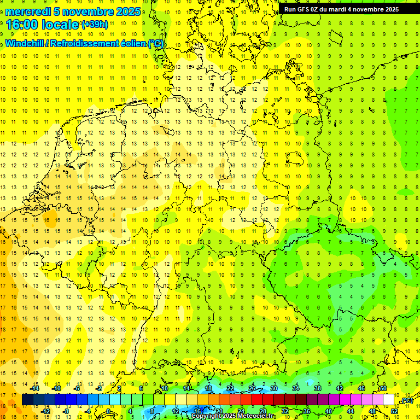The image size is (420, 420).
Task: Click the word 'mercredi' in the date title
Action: (x=27, y=11)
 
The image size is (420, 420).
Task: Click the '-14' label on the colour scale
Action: (x=35, y=388)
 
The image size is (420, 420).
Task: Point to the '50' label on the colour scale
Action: (x=383, y=388)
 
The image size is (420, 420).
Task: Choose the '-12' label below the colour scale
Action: (x=46, y=411)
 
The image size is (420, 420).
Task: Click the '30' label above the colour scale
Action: (x=274, y=388)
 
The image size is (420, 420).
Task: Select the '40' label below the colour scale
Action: (x=329, y=411)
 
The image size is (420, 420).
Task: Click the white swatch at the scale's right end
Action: (x=389, y=400)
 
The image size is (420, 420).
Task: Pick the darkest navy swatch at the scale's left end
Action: (x=27, y=400)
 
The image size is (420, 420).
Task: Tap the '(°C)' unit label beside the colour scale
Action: (x=407, y=400)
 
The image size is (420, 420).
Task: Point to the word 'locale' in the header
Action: (x=61, y=25)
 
